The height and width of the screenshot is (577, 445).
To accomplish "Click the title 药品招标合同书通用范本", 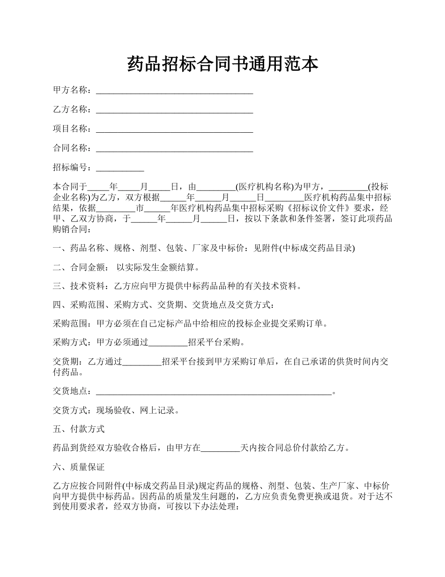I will click(x=222, y=64).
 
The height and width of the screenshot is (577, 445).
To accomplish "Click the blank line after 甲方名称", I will click(x=174, y=91).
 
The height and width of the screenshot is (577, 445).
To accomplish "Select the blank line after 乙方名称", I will click(x=174, y=110).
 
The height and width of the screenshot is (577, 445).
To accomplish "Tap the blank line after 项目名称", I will click(x=174, y=129).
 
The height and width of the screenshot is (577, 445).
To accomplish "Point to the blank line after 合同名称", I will click(x=174, y=149).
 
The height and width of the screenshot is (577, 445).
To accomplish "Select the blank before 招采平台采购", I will click(x=168, y=343).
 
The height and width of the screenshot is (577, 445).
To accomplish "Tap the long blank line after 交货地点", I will click(x=214, y=392).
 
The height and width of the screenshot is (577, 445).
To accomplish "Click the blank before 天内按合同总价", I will click(x=220, y=448).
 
